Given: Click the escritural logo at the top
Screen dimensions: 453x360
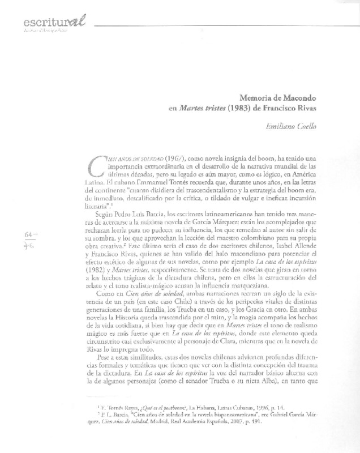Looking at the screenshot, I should (x=54, y=23).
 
